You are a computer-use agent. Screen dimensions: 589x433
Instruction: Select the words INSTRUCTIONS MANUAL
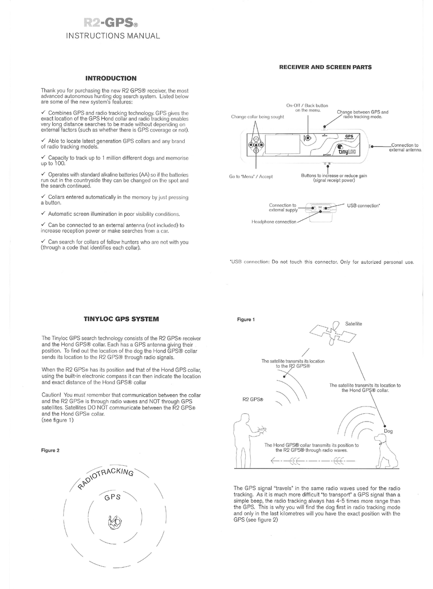coord(113,36)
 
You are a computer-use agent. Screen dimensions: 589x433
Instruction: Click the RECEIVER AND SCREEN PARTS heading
coord(325,67)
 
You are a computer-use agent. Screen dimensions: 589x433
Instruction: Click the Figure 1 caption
coord(246,319)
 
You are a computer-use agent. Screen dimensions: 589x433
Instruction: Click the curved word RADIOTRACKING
coord(106,477)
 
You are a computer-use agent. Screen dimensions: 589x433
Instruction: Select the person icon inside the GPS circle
coord(114,521)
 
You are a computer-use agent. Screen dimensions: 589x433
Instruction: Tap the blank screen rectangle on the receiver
coord(283,144)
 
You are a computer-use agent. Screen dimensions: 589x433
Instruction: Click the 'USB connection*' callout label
coord(363,206)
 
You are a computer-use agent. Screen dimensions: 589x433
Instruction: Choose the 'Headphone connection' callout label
coord(273,222)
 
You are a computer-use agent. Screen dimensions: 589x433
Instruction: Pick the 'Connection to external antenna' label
coord(405,147)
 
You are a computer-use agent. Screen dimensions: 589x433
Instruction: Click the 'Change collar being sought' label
coord(257,117)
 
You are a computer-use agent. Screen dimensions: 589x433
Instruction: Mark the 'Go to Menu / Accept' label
coord(251,177)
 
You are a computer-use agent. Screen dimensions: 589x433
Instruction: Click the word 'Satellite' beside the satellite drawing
coord(353,323)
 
